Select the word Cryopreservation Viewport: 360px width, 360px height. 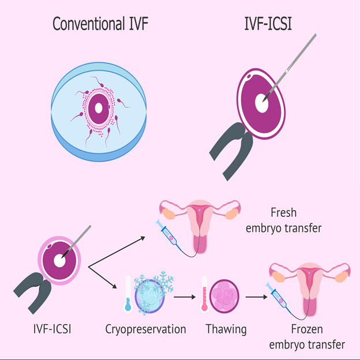[145, 329]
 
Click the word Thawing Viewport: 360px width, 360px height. [226, 329]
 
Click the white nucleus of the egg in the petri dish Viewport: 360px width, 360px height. [99, 108]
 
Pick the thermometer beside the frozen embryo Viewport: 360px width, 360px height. [128, 294]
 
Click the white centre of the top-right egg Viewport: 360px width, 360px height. [262, 104]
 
